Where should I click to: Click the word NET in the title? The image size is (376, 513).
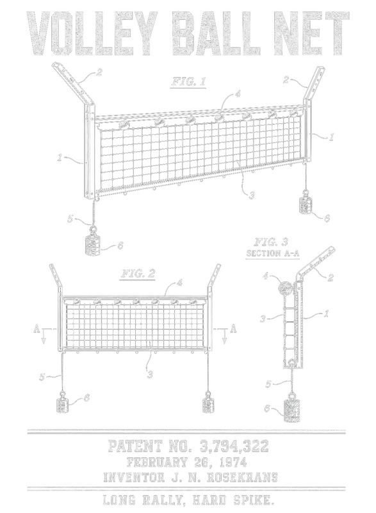[x=311, y=33]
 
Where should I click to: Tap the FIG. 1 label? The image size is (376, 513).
[x=189, y=81]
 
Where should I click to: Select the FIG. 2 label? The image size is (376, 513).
[x=138, y=273]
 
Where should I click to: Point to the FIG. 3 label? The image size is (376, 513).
[x=271, y=242]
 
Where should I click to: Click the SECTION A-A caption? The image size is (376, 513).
[x=273, y=253]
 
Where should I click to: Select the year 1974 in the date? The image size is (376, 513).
[x=233, y=462]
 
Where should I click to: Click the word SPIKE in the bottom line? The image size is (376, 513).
[x=254, y=500]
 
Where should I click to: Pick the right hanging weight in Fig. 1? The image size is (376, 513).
[x=306, y=205]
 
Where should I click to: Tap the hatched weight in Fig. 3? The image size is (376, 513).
[x=291, y=408]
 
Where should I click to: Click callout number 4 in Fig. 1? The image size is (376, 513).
[x=238, y=94]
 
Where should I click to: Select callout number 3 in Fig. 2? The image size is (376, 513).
[x=150, y=374]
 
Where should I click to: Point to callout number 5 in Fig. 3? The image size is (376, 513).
[x=268, y=383]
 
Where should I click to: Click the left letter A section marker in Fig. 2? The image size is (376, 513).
[x=37, y=329]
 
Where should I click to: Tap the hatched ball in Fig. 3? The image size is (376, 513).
[x=284, y=287]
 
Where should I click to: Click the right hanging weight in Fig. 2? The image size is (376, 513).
[x=208, y=404]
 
